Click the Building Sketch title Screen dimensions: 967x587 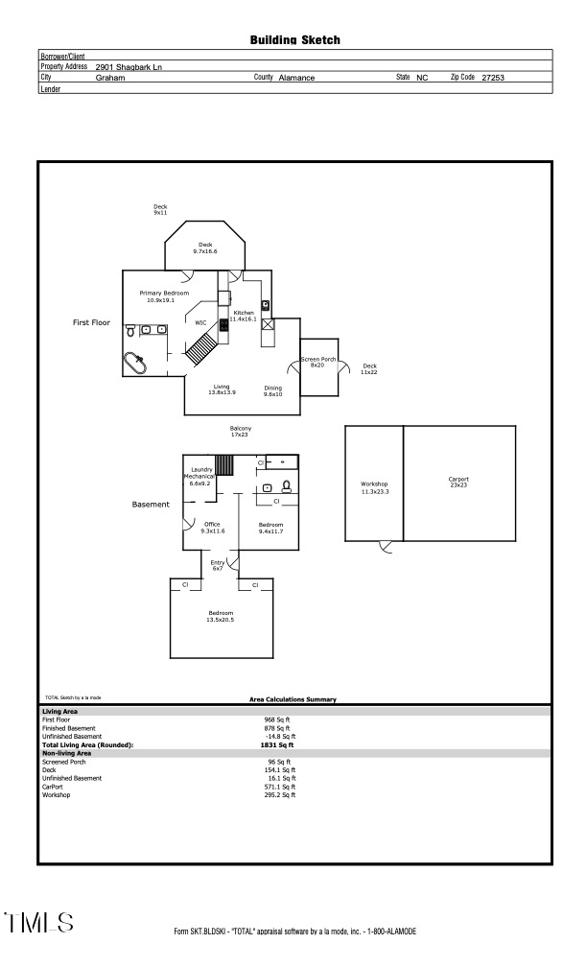[294, 40]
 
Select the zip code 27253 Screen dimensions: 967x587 [492, 78]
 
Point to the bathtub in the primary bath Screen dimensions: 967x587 [133, 365]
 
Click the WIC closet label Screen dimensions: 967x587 [201, 323]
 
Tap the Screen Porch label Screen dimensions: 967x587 [318, 362]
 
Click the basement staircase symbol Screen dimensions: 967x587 [224, 464]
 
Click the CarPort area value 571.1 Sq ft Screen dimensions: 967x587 [279, 786]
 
